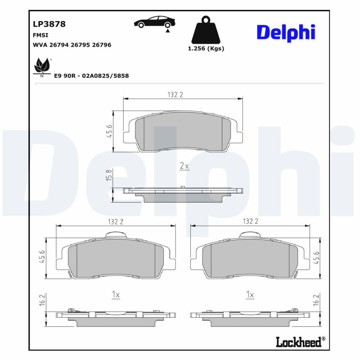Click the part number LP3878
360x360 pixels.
(x=49, y=24)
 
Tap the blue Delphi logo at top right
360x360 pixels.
(x=286, y=32)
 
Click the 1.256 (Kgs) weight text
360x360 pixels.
(x=206, y=49)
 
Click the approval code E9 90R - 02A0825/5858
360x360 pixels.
(x=91, y=76)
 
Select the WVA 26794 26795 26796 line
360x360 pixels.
(x=72, y=45)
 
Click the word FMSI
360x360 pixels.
(x=40, y=35)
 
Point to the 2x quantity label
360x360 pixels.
(x=184, y=166)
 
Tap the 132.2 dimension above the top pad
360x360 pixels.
(x=175, y=94)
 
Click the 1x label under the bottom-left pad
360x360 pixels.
(x=116, y=295)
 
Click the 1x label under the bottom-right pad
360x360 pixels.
(x=250, y=295)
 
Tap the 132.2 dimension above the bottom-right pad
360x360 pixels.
(x=251, y=221)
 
